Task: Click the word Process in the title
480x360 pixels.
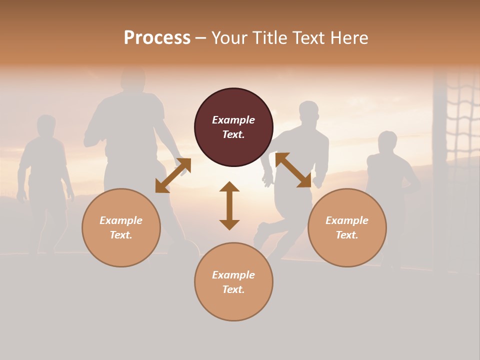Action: pos(157,38)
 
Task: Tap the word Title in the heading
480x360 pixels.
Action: pos(268,38)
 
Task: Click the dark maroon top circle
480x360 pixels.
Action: pos(233,127)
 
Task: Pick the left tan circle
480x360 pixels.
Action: pos(121,227)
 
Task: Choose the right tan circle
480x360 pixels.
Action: pos(347,227)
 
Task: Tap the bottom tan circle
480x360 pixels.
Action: pos(233,281)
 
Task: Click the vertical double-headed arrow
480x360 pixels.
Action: pos(229,205)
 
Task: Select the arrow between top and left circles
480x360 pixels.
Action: pos(173,175)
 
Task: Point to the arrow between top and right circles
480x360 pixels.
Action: pos(293,170)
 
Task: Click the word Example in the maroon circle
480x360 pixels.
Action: pos(233,120)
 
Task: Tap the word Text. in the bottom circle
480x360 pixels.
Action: pos(233,289)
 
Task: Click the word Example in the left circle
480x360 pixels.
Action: pos(121,220)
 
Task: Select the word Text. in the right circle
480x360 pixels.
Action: pos(347,235)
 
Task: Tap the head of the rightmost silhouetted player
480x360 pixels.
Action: pos(387,142)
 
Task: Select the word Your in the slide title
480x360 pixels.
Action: pos(227,38)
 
